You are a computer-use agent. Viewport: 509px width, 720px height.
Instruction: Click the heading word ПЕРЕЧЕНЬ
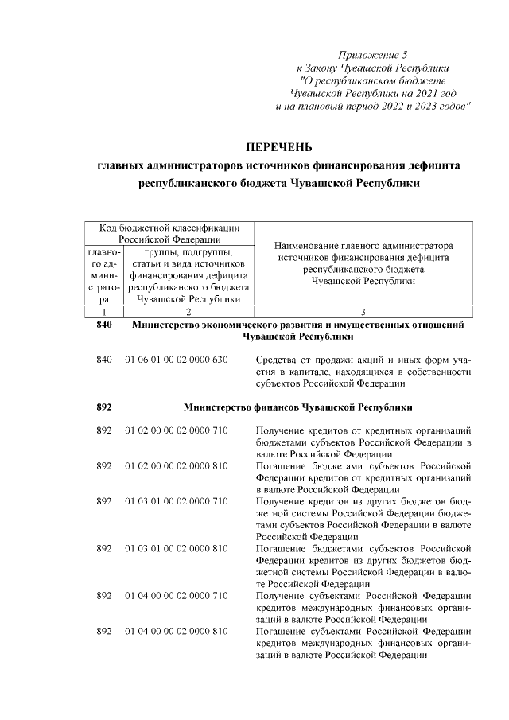278,146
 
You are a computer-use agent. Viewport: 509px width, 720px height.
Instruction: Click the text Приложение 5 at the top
372,55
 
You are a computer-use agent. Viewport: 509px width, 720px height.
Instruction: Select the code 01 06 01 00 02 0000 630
177,360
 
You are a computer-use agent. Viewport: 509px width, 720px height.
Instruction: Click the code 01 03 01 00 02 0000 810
177,548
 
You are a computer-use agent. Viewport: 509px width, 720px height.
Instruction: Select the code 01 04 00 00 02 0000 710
177,595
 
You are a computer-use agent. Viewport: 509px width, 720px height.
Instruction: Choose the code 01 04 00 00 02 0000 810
177,631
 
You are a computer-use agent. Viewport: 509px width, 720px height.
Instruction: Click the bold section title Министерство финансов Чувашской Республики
297,407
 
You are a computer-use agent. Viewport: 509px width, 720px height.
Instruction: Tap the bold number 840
104,325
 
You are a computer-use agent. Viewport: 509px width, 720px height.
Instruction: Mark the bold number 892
104,407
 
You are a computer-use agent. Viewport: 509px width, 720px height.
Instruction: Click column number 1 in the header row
104,312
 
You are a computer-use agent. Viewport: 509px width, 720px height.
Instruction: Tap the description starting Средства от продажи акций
364,372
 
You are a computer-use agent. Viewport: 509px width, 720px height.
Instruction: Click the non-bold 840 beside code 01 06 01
104,360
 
